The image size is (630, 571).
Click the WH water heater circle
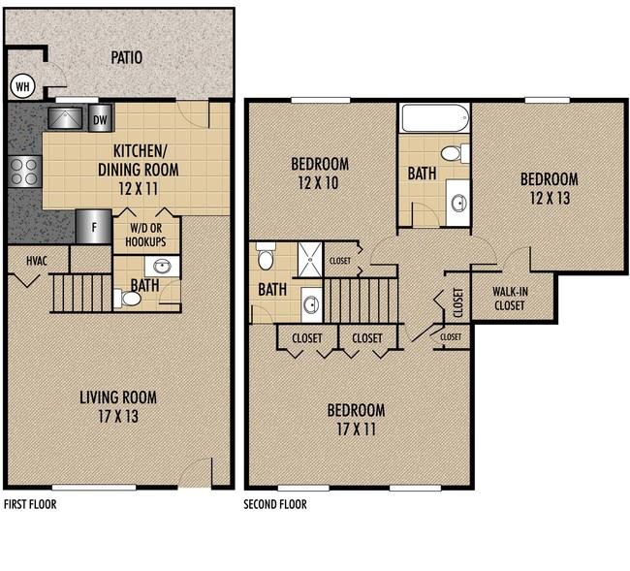22,86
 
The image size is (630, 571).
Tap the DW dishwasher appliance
100,118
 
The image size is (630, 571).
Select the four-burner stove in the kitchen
25,172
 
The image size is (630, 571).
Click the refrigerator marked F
94,227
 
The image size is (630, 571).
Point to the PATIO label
127,57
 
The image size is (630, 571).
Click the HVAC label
37,261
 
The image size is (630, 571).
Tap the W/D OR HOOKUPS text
145,235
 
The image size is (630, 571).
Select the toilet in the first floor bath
127,299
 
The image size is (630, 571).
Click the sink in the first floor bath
162,267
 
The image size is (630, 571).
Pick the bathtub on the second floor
435,118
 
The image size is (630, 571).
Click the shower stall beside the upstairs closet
310,260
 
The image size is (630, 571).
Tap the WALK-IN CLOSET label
510,299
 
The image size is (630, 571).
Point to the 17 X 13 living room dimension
118,416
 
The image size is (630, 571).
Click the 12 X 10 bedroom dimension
318,183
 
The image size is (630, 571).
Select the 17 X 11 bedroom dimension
356,429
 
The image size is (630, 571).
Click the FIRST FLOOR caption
30,504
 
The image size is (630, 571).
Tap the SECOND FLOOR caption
275,504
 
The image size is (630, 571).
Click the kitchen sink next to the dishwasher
65,118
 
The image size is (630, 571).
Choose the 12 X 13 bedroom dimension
550,198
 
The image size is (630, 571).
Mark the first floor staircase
81,293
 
